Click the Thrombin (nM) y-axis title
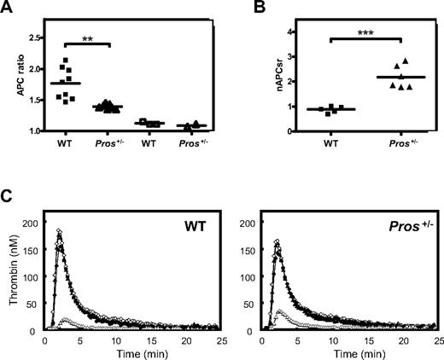tap(11, 278)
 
